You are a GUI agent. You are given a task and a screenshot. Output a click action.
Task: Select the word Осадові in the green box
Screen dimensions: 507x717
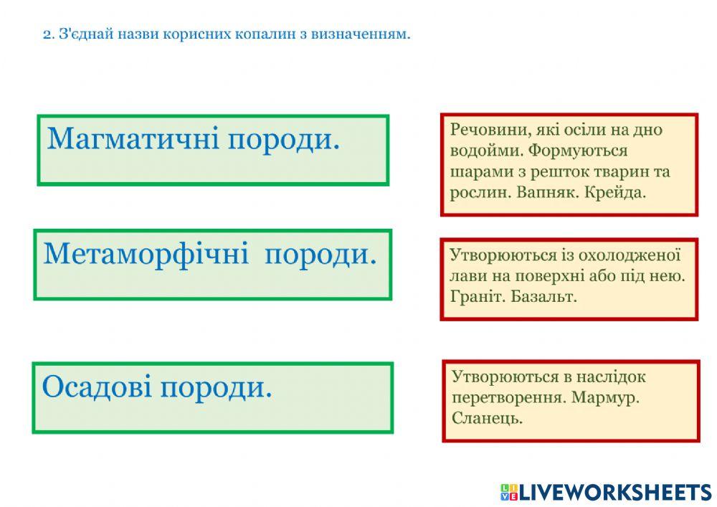coord(97,387)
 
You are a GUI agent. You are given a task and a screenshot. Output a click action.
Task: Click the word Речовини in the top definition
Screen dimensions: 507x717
coord(480,131)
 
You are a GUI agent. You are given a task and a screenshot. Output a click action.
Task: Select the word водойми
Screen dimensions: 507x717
coord(479,151)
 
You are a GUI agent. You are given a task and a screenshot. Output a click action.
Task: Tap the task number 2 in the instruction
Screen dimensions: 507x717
coord(47,34)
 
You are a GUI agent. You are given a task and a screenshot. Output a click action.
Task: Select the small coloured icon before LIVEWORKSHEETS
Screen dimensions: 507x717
coord(508,492)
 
